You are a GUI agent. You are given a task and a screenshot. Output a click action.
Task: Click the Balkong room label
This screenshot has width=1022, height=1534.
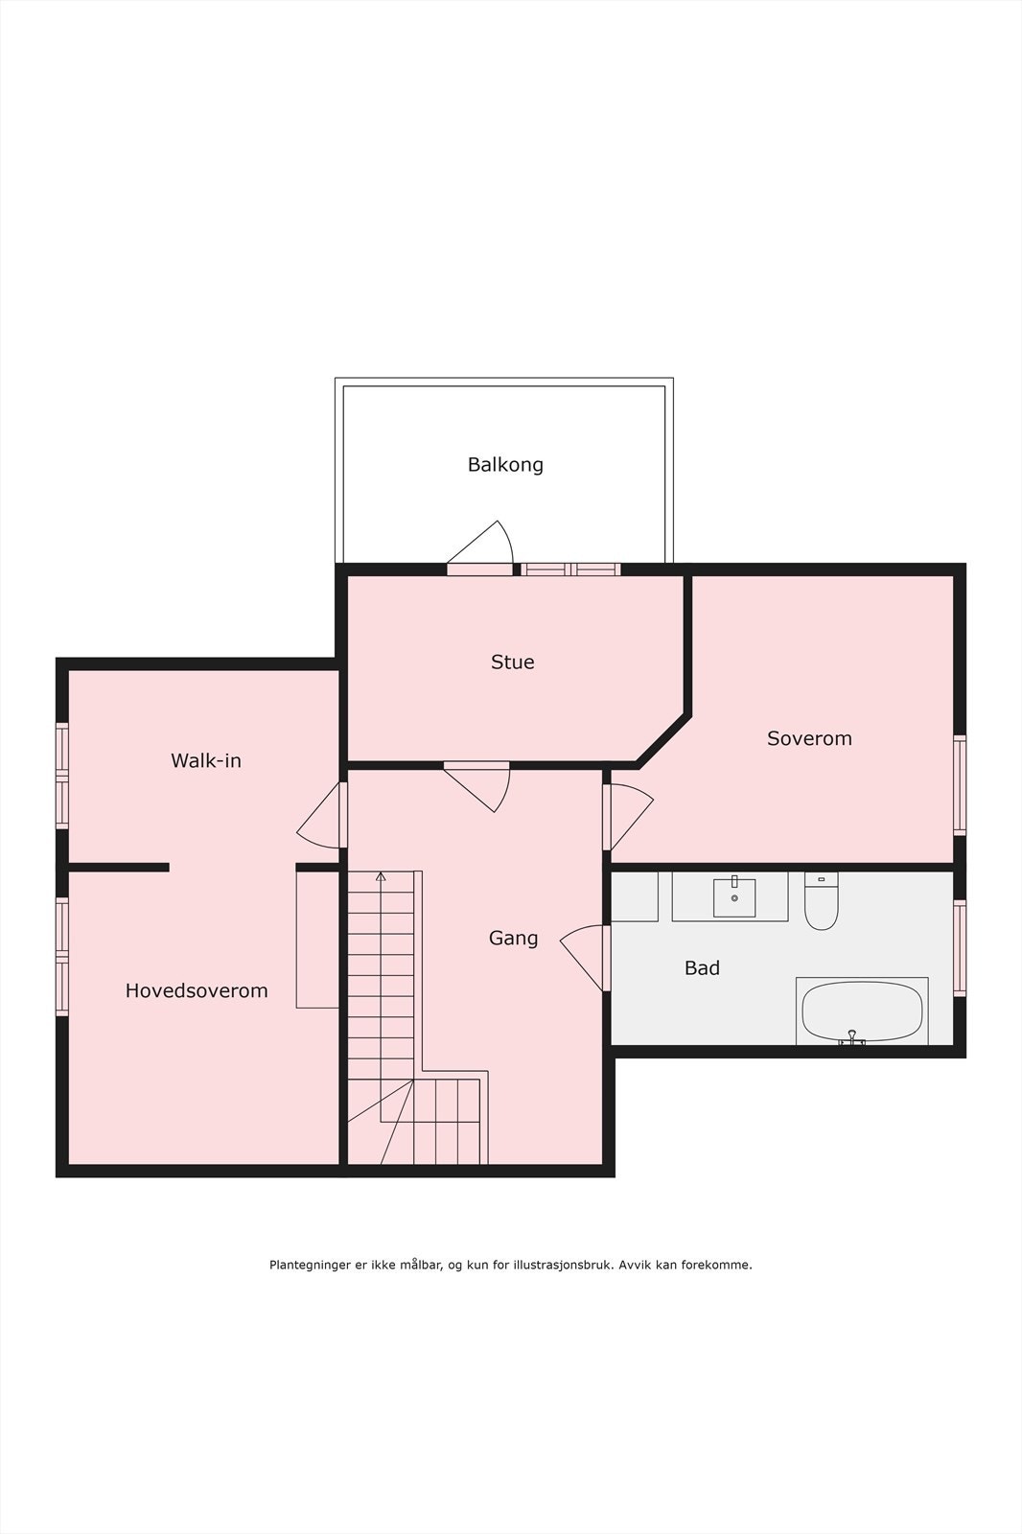[505, 465]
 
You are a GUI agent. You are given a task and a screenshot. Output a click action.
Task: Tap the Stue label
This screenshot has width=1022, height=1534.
[512, 662]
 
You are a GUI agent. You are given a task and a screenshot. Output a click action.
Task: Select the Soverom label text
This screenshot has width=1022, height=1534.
[809, 738]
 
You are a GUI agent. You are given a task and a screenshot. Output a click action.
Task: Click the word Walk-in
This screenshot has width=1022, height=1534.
[206, 761]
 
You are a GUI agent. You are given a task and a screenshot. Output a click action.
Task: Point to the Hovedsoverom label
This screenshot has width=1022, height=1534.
[197, 991]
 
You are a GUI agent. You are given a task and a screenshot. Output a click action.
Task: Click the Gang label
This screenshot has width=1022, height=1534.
[513, 939]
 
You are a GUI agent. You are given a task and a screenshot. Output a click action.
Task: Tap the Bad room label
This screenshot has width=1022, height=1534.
[702, 968]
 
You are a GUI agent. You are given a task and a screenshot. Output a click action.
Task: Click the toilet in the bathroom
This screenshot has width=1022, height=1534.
[821, 903]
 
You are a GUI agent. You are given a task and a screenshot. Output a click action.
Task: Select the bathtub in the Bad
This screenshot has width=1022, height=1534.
[861, 1011]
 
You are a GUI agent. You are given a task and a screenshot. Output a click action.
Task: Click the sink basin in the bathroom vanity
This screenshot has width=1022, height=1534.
[734, 897]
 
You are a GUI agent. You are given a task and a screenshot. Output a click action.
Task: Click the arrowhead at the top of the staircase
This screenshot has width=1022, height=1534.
[381, 876]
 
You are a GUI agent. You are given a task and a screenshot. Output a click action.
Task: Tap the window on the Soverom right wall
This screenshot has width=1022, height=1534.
[959, 784]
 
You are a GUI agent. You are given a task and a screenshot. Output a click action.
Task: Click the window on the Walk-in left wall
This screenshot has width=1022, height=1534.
[62, 775]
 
